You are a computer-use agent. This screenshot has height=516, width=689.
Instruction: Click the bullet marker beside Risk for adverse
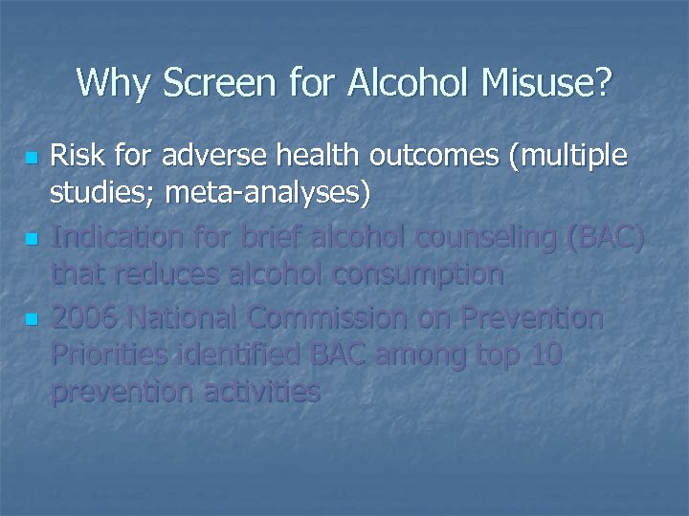tap(33, 156)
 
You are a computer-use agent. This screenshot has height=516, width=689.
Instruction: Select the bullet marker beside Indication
tap(33, 237)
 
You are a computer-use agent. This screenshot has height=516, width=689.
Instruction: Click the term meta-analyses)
tap(268, 194)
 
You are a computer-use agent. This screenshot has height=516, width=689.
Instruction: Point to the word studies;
tap(102, 194)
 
